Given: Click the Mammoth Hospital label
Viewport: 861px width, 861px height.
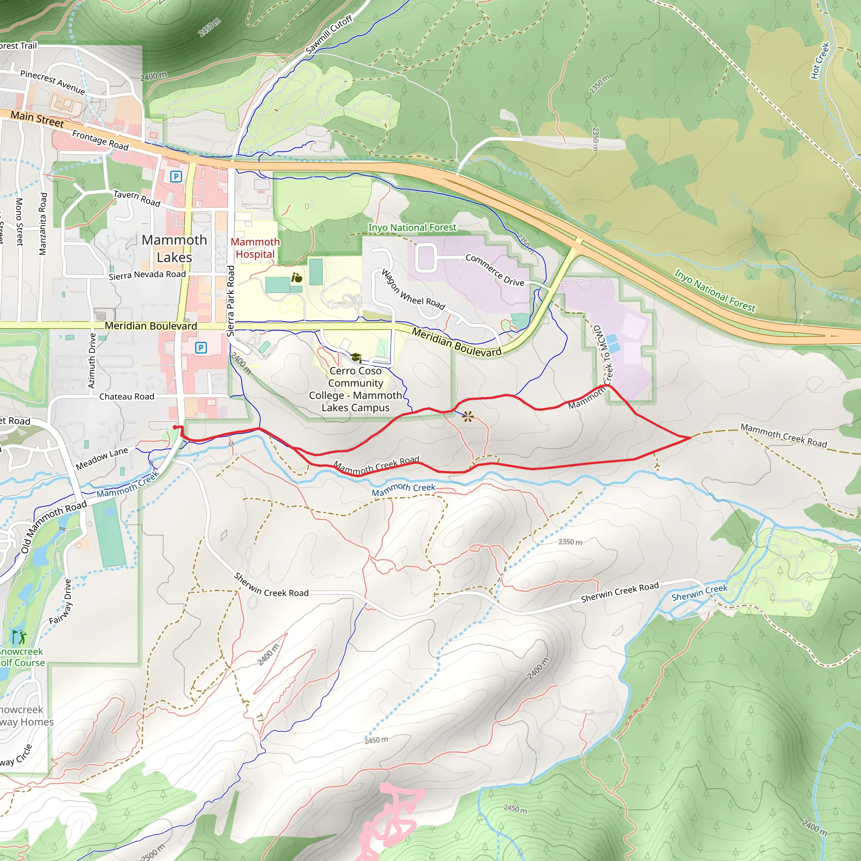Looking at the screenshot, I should point(255,248).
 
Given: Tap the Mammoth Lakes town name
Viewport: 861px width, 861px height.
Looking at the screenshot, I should point(174,248).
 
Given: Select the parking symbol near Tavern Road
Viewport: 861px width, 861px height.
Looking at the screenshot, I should point(176,177).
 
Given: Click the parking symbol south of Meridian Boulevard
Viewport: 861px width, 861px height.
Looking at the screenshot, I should point(201,348).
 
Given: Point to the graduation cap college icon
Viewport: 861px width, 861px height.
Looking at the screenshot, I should point(356,357).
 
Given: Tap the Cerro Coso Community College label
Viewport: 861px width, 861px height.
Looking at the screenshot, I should point(355,389).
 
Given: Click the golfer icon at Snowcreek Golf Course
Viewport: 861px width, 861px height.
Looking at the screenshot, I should point(19,637).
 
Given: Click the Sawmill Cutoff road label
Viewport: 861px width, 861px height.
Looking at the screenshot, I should point(329,34).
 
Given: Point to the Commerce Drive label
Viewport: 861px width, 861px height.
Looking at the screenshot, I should point(495,270).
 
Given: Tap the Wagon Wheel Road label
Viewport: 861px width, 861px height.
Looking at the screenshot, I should point(413,289).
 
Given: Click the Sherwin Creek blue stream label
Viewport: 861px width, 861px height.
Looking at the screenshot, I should point(699,593).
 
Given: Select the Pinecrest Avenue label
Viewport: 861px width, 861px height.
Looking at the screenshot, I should point(53,82).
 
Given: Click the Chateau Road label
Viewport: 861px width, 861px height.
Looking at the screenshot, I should point(127,396).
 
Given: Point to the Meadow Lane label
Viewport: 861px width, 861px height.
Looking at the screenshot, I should point(102,459).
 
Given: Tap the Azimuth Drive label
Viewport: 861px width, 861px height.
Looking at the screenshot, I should point(92,361).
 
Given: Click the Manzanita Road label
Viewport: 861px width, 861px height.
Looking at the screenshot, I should point(43,224).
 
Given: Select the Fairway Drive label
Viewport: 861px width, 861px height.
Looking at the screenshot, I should point(61,602).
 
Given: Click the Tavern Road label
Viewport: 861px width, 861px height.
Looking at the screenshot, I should point(137,198).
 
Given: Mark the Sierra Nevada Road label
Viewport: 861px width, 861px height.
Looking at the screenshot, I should point(147,275).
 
